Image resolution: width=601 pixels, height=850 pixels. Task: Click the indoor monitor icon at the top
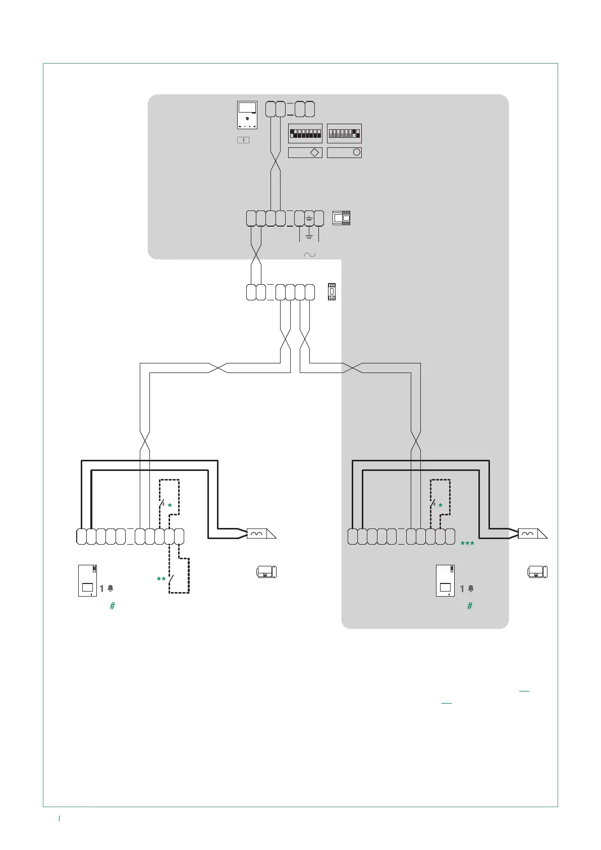247,115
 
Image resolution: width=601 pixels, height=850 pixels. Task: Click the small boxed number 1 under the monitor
243,140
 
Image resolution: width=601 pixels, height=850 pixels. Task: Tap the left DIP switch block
305,134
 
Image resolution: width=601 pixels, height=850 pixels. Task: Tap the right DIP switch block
344,134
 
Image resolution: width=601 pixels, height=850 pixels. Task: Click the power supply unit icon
341,218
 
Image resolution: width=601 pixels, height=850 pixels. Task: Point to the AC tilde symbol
309,255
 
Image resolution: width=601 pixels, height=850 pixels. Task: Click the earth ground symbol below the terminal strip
309,236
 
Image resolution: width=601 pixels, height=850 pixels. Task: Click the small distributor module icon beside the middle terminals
332,292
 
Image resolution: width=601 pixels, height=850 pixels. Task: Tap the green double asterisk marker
161,579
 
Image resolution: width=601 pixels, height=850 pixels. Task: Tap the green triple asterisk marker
467,544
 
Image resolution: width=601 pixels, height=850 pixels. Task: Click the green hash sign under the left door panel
113,606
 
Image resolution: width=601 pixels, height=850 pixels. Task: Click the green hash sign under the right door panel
470,606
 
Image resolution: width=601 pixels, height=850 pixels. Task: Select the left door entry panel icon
87,580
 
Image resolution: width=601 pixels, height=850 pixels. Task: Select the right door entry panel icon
445,580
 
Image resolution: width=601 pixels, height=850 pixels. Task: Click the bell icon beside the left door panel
111,589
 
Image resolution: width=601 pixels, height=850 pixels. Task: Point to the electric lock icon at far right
537,572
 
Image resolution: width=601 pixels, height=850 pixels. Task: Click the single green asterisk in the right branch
441,506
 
